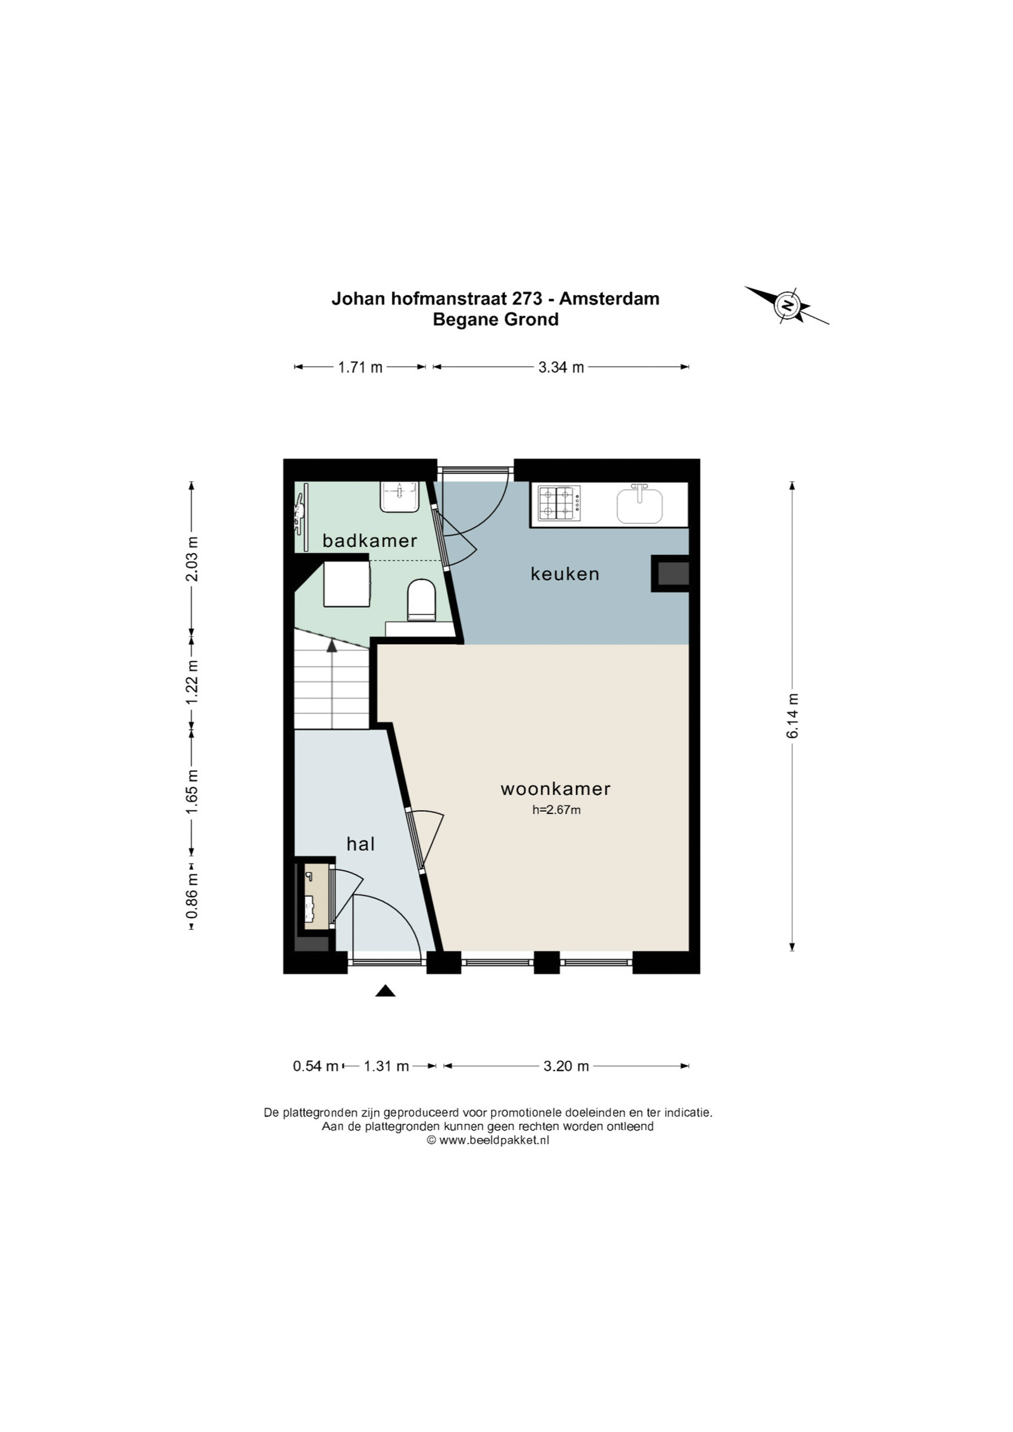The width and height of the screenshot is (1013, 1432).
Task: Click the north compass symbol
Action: click(787, 305)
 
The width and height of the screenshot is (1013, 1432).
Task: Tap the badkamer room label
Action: click(370, 541)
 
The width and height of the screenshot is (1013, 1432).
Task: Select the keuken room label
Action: click(565, 574)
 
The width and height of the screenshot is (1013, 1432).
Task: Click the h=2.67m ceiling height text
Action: click(556, 810)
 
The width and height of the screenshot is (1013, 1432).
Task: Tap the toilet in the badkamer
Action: click(421, 600)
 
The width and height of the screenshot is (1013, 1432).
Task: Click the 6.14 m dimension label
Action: click(792, 716)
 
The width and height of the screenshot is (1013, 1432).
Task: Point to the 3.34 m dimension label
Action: click(561, 367)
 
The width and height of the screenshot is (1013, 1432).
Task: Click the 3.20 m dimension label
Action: click(566, 1066)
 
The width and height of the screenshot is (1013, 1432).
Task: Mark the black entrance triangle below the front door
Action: click(385, 990)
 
